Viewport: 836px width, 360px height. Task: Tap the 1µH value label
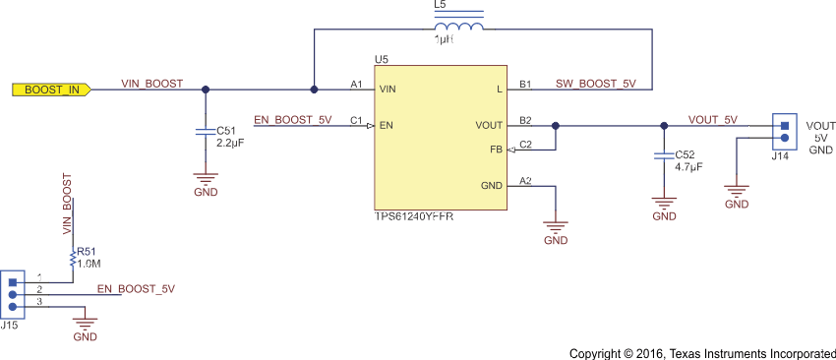click(446, 40)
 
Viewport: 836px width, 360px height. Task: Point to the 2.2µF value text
click(229, 143)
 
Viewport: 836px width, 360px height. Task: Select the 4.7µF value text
click(688, 168)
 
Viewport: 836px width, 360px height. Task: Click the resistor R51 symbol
click(72, 258)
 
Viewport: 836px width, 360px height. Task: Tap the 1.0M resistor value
click(90, 265)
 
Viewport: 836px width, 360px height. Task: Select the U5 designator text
click(382, 61)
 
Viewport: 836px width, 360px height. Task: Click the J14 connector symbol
click(784, 131)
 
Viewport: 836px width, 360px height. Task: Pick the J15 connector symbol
click(12, 292)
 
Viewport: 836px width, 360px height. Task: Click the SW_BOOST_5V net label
click(595, 84)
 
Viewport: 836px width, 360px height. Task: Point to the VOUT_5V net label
click(712, 119)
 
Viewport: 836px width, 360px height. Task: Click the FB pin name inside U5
click(496, 150)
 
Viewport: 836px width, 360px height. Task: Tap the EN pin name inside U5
click(387, 126)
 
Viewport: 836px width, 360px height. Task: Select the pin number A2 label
click(525, 180)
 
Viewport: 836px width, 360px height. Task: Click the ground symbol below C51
click(205, 179)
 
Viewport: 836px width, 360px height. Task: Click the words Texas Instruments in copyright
click(715, 353)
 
